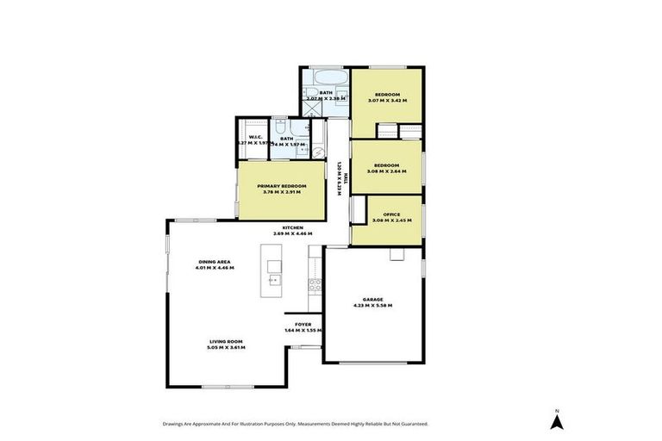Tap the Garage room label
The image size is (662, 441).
coord(372,300)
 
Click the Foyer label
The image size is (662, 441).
coord(303,324)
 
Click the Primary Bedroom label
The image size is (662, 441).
coord(282,185)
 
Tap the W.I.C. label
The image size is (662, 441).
coord(255,138)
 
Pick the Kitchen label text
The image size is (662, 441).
coord(292,227)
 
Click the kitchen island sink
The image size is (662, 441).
coord(274,280)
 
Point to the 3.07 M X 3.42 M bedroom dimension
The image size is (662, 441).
coord(387,101)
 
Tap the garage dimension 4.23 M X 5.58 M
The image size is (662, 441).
coord(372,306)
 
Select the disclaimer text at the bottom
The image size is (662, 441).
coord(295,424)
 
